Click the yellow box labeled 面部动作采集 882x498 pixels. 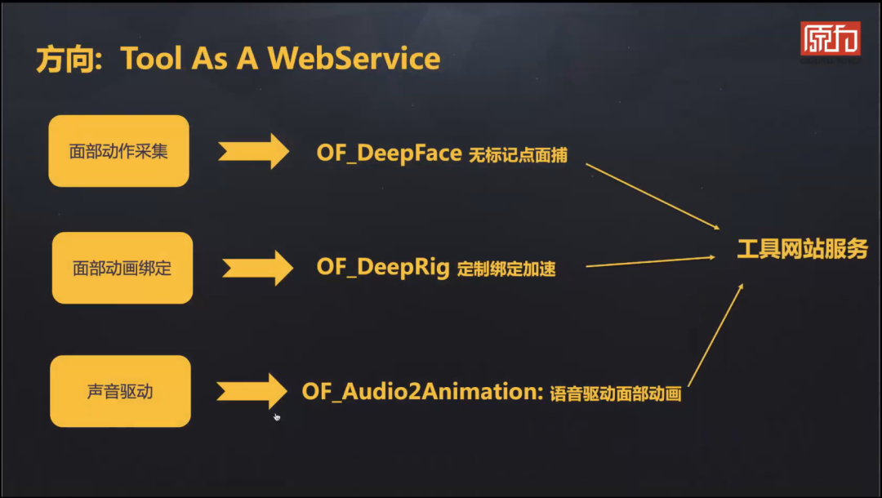[118, 151]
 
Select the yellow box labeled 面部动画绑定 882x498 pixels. [122, 268]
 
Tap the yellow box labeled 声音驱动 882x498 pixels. [120, 391]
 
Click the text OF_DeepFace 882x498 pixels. [389, 153]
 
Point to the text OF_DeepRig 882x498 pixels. [383, 267]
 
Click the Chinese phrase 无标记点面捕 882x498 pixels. [518, 155]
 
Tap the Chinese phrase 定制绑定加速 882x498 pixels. [506, 269]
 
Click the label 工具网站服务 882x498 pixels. [802, 250]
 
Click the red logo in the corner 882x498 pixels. [830, 38]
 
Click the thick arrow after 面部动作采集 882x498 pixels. [253, 151]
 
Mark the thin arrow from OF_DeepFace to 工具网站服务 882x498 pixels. [653, 196]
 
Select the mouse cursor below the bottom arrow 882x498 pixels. [277, 417]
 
